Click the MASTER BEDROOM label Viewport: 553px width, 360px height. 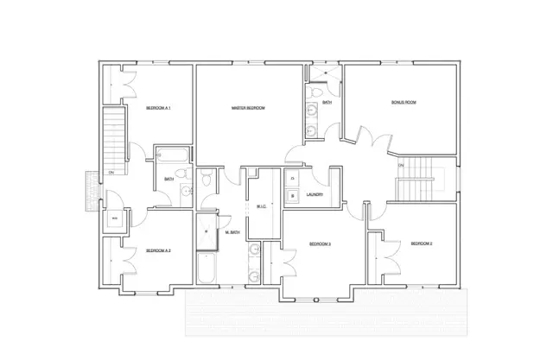click(x=247, y=108)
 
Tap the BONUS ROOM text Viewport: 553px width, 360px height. click(x=404, y=102)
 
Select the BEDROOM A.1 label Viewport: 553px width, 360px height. click(x=158, y=108)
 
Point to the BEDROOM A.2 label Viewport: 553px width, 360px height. click(x=158, y=250)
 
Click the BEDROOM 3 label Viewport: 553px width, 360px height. click(x=320, y=244)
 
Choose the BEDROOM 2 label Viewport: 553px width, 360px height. click(x=421, y=244)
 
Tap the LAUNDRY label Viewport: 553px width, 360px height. click(x=315, y=194)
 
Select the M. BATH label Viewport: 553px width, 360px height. click(x=232, y=233)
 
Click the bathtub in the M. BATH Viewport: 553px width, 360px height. click(x=208, y=268)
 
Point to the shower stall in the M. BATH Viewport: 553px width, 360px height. click(x=207, y=229)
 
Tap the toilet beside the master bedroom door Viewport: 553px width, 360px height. click(x=206, y=181)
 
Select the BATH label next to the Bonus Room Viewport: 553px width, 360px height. click(x=327, y=102)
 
